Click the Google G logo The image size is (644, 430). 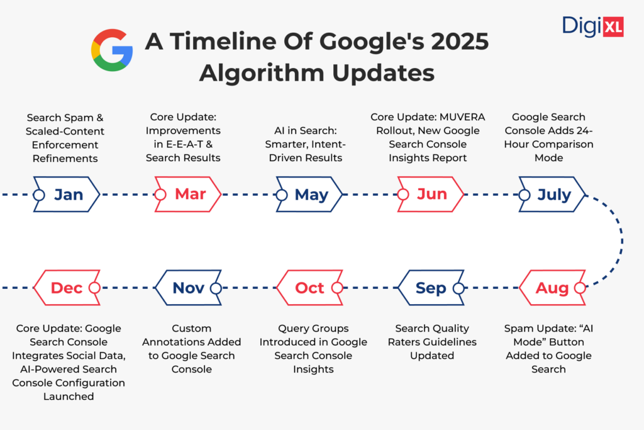[112, 50]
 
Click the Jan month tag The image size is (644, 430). [66, 195]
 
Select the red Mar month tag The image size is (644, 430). [188, 195]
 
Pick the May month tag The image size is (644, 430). [309, 195]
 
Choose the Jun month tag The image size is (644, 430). [431, 195]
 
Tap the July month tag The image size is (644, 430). [552, 195]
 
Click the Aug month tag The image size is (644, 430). [552, 288]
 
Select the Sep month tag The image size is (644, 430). [431, 288]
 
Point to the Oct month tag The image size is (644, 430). [309, 288]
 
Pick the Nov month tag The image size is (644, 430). [188, 288]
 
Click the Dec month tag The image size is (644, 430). [66, 288]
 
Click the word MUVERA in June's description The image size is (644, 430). [459, 116]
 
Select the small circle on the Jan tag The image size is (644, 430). [39, 195]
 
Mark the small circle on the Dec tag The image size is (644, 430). [94, 288]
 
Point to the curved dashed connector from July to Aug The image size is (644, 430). [621, 241]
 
